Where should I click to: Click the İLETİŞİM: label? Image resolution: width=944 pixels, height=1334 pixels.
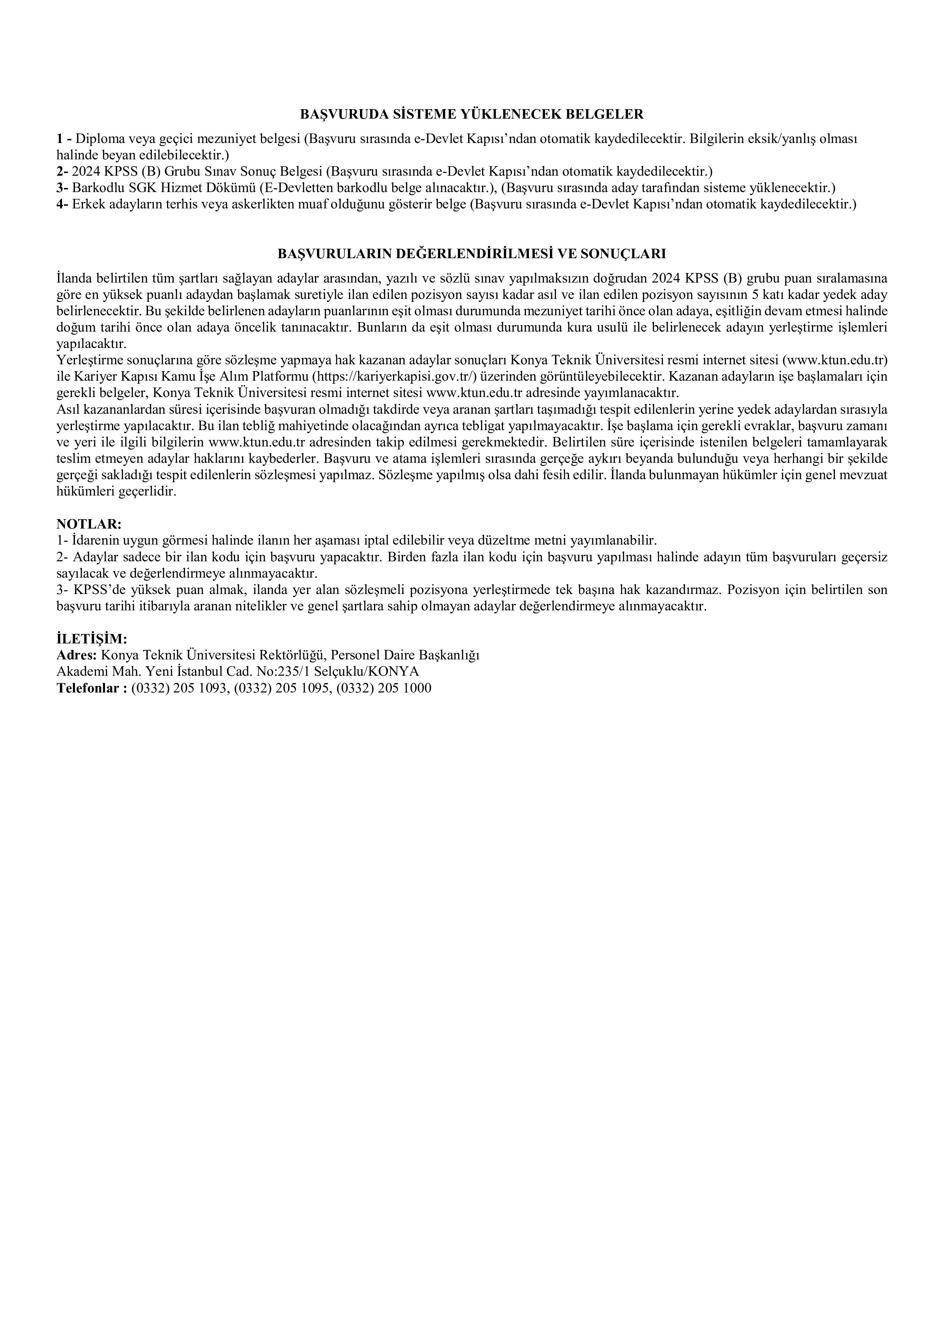pyautogui.click(x=91, y=638)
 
